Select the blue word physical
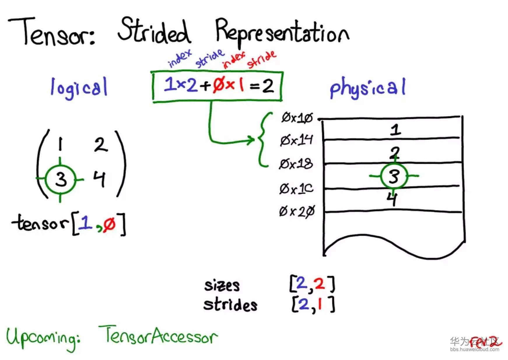pyautogui.click(x=367, y=88)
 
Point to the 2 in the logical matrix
pyautogui.click(x=101, y=145)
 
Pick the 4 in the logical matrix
pyautogui.click(x=99, y=178)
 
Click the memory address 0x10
pyautogui.click(x=297, y=118)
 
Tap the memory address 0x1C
pyautogui.click(x=296, y=189)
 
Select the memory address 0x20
pyautogui.click(x=297, y=211)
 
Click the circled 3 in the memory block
pyautogui.click(x=394, y=176)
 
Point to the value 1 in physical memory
pyautogui.click(x=395, y=130)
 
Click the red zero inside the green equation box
pyautogui.click(x=219, y=85)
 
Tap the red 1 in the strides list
pyautogui.click(x=320, y=304)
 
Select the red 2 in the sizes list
pyautogui.click(x=320, y=283)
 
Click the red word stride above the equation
pyautogui.click(x=262, y=59)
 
